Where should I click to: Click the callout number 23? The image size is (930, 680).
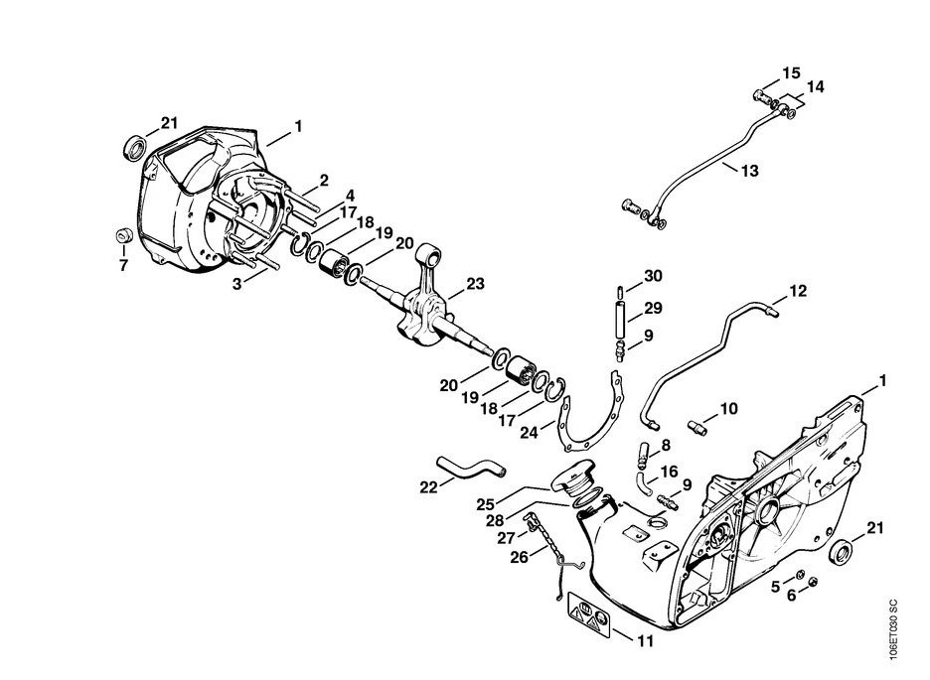[475, 284]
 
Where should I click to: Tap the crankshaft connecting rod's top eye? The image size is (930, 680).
[429, 256]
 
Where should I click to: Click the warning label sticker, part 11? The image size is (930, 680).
[589, 614]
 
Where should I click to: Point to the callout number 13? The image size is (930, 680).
[750, 171]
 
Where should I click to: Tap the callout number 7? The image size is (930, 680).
[123, 265]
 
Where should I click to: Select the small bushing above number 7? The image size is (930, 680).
[124, 235]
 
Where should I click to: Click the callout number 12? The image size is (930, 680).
[798, 291]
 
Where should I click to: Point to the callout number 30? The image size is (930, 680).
[653, 275]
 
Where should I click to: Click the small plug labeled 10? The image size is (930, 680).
[697, 427]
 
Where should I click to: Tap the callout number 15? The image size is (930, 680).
[791, 72]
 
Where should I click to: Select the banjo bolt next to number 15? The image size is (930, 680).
[763, 95]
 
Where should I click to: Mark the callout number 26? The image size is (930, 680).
[519, 557]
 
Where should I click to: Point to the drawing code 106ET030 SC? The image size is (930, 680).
[894, 628]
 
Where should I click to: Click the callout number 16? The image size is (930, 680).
[669, 472]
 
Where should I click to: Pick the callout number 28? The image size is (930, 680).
[494, 520]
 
